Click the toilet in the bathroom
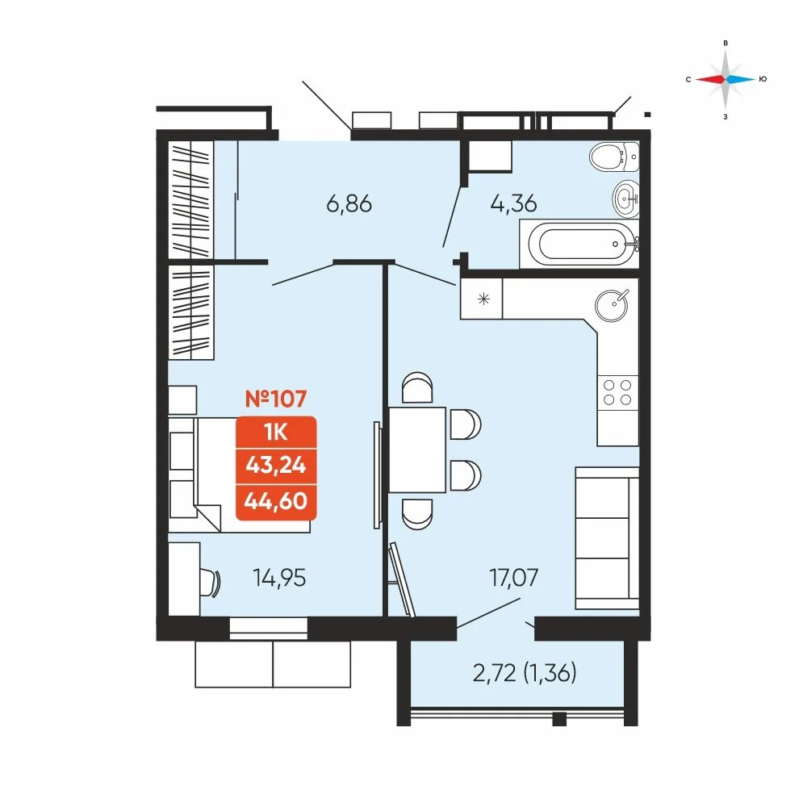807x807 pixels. [x=614, y=156]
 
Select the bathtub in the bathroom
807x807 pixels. [x=579, y=244]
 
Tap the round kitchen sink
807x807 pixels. [x=612, y=305]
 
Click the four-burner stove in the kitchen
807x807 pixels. [x=617, y=393]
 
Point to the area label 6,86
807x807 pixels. [x=349, y=204]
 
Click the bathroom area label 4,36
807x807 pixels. [x=513, y=203]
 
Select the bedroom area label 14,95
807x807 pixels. [x=279, y=578]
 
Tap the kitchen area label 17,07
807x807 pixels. [x=513, y=578]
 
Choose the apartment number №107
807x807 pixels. [x=276, y=399]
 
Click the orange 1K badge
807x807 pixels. [x=276, y=433]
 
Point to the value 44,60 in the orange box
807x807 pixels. [x=276, y=501]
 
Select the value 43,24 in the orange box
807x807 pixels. [x=276, y=466]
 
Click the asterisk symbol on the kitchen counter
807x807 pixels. [x=483, y=299]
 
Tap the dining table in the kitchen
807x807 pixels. [x=417, y=449]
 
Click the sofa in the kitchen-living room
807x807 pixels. [x=608, y=538]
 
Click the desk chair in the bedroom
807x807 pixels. [x=210, y=582]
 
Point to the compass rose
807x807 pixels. [x=725, y=79]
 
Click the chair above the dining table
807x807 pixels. [x=417, y=388]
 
